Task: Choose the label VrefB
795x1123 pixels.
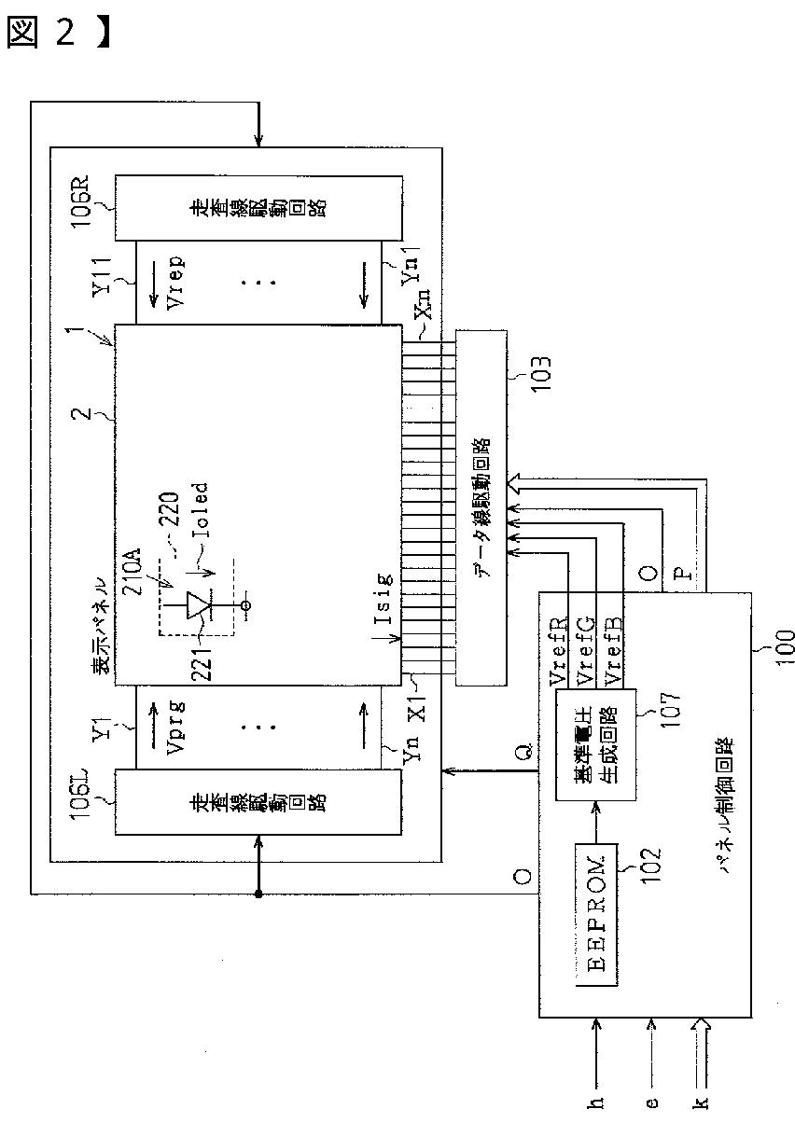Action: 616,646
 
